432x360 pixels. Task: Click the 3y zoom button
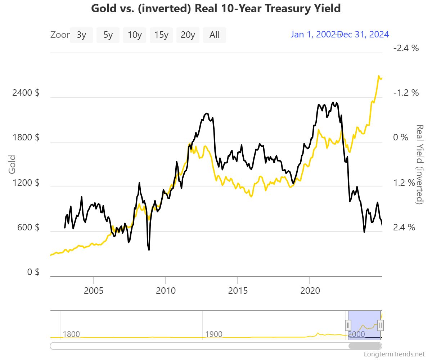coord(81,35)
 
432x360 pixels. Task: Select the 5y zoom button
coord(108,35)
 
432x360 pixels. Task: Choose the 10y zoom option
coord(135,35)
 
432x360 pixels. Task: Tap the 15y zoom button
coord(161,35)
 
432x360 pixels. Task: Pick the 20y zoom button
coord(188,35)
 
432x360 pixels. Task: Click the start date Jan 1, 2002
coord(312,35)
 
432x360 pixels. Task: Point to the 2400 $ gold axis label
coord(26,93)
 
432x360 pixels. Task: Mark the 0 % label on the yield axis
coord(401,138)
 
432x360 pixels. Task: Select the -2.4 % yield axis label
coord(406,48)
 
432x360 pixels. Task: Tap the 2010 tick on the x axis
coord(166,291)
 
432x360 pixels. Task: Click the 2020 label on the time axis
coord(310,291)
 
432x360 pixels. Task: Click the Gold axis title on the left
coord(12,164)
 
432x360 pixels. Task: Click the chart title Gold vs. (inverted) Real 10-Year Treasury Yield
coord(216,8)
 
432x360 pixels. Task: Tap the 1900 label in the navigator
coord(214,334)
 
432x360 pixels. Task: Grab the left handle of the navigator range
coord(348,325)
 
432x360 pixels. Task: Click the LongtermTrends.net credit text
coord(394,354)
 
